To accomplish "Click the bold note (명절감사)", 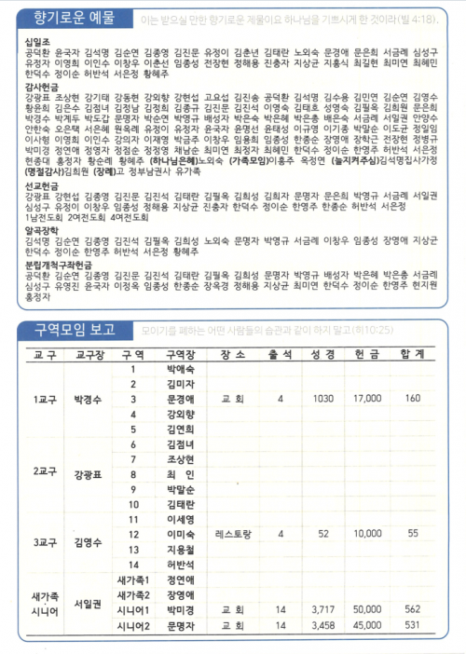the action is coord(41,197).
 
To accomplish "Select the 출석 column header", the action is coord(280,355).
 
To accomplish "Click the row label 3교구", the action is coord(44,541).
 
